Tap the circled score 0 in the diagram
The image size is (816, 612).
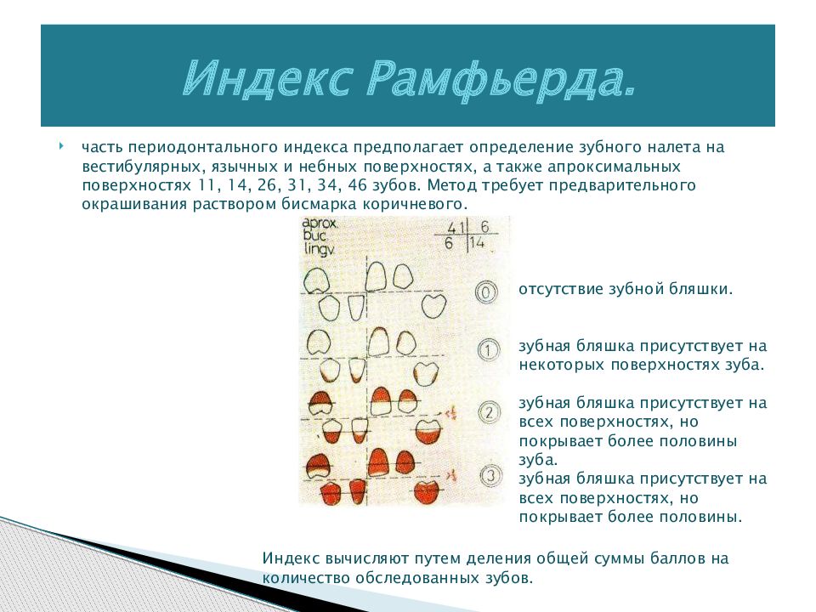(485, 293)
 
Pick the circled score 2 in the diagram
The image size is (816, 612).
(488, 414)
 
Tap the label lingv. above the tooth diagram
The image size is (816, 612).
(320, 252)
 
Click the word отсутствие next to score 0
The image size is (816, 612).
(562, 289)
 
